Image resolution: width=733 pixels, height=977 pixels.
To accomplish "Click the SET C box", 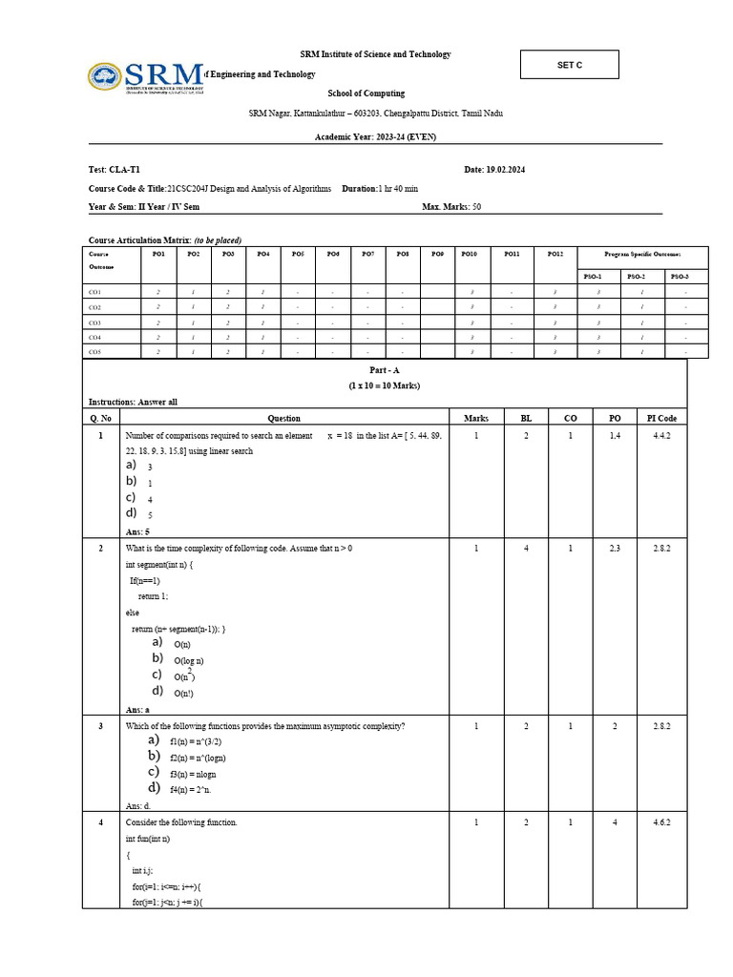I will click(x=569, y=65).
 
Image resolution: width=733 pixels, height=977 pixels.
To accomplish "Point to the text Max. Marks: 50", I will click(x=451, y=206).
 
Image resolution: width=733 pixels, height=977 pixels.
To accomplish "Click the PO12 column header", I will click(x=555, y=255).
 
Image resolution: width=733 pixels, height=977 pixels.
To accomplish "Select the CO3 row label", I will click(x=95, y=322).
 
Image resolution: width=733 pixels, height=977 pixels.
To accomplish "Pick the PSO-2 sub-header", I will click(x=636, y=276).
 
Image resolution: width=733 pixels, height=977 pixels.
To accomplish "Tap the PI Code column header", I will click(x=661, y=418).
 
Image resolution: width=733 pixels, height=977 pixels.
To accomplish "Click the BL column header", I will click(x=526, y=418).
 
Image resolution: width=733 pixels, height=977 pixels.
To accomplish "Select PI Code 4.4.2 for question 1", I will click(x=661, y=436).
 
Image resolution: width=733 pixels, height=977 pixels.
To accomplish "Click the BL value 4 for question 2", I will click(x=526, y=549).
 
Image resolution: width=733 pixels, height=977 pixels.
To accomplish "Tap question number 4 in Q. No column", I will click(x=100, y=822).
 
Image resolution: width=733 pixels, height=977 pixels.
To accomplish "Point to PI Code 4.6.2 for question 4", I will click(x=661, y=822).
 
